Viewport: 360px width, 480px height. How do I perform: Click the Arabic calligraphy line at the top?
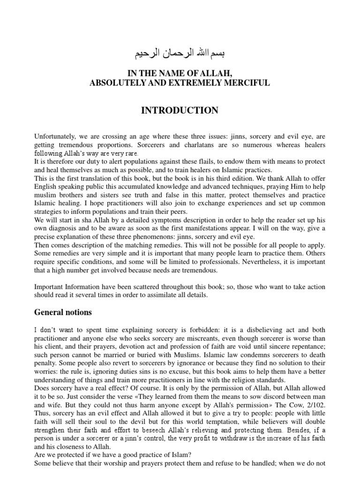tap(180, 53)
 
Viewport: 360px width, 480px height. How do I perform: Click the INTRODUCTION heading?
tap(180, 111)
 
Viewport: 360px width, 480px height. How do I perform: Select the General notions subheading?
tap(63, 312)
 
